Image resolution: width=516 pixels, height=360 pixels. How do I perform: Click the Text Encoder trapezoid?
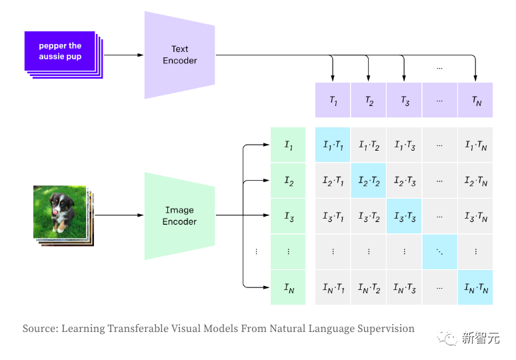[179, 55]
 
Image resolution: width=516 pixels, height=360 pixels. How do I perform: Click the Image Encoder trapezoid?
[179, 215]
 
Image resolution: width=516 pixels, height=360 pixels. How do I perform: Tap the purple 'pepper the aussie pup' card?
[60, 51]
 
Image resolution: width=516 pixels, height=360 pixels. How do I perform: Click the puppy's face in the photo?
[65, 207]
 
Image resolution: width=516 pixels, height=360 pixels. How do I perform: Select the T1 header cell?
[333, 101]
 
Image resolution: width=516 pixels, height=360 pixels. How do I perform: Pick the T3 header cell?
[404, 101]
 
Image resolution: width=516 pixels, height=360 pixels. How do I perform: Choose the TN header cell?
[475, 101]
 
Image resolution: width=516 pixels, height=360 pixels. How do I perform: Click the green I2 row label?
[287, 181]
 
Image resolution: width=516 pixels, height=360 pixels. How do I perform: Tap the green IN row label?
[287, 287]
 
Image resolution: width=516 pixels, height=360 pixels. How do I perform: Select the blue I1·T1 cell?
[333, 145]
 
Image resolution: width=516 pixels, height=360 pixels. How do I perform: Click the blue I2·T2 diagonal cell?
[368, 181]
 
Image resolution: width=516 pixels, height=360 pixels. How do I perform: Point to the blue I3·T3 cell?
[404, 216]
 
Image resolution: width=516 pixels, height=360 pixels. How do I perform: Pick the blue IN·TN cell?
[475, 287]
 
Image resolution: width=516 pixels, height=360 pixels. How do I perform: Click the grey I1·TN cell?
[475, 145]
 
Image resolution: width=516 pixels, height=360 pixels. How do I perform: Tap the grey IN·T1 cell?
[333, 287]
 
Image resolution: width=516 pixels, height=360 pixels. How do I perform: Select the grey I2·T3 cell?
[404, 181]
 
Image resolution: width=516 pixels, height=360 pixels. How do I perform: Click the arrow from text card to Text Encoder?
[124, 55]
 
